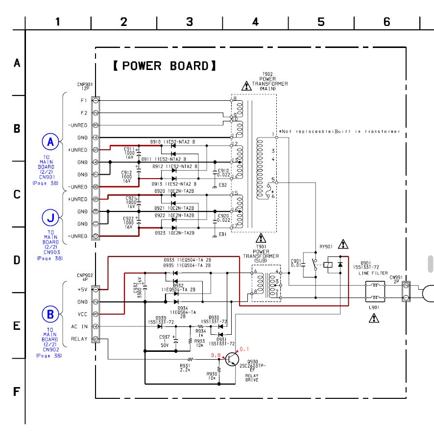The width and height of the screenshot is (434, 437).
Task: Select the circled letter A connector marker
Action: tap(50, 142)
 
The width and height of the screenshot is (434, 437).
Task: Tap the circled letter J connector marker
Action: tap(50, 216)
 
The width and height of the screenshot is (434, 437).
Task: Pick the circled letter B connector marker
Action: tap(50, 314)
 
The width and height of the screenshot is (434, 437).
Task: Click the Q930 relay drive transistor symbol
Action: tap(232, 360)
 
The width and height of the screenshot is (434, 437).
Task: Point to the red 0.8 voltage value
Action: tap(215, 355)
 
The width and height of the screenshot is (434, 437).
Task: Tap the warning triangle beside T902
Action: tap(246, 87)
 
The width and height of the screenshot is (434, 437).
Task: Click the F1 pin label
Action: tap(84, 100)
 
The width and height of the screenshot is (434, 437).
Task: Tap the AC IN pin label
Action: tap(79, 326)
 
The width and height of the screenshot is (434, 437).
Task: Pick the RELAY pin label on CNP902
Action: tap(79, 339)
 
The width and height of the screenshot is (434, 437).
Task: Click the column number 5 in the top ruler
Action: tap(321, 22)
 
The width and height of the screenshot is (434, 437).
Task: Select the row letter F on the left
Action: tap(16, 392)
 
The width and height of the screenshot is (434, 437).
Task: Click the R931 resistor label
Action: tap(185, 366)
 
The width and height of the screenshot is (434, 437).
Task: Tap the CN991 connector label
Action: tap(396, 277)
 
